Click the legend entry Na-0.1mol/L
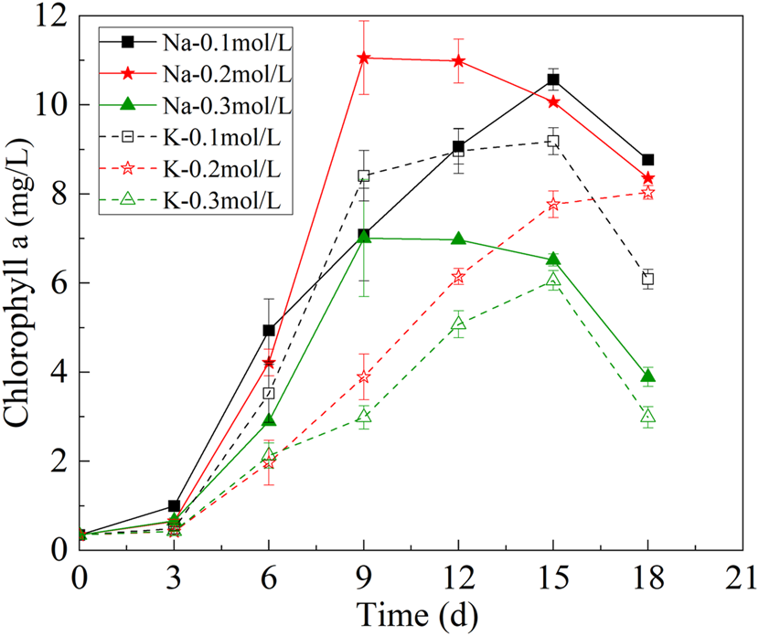(x=196, y=42)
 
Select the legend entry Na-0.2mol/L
(x=196, y=74)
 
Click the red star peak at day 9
(x=364, y=58)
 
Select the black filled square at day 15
(x=552, y=79)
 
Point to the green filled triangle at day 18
(x=647, y=376)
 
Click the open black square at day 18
(x=647, y=279)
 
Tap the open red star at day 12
(x=458, y=277)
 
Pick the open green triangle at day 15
(x=552, y=280)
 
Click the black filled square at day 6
(x=269, y=330)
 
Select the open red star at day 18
(x=647, y=193)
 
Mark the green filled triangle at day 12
(x=458, y=238)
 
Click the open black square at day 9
(x=364, y=175)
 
